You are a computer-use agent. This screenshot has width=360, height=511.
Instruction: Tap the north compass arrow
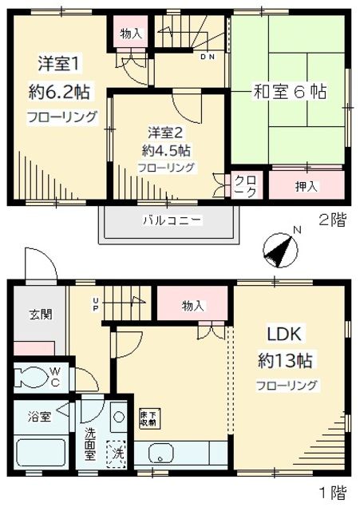click(x=279, y=250)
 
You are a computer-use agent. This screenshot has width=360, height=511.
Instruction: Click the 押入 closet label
click(x=307, y=187)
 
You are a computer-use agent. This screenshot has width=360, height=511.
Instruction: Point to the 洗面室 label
click(x=90, y=446)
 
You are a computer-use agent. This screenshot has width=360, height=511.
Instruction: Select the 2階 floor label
click(x=333, y=221)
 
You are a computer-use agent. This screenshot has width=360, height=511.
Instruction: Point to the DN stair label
click(x=208, y=57)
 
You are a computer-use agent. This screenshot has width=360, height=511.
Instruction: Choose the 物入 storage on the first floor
click(x=193, y=305)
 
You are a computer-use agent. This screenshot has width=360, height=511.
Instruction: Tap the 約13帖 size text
click(x=284, y=360)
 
